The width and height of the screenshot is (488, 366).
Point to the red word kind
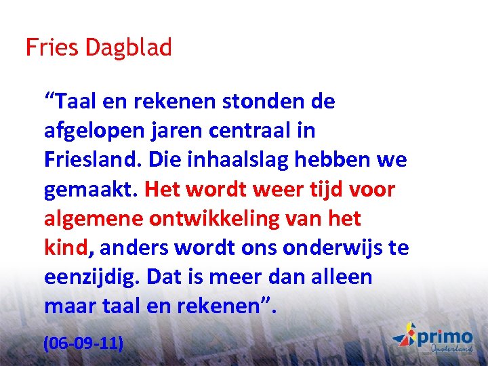coord(66,248)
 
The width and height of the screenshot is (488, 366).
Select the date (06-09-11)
coord(83,343)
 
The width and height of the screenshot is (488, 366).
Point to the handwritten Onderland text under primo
coord(451,349)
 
